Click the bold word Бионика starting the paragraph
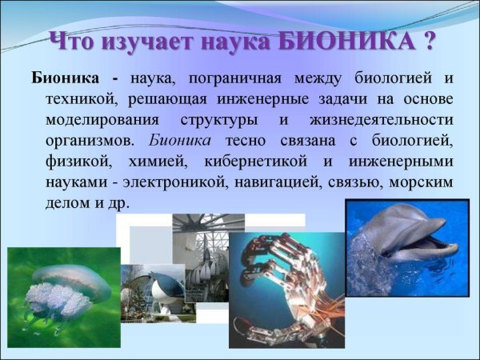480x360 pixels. point(66,79)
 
